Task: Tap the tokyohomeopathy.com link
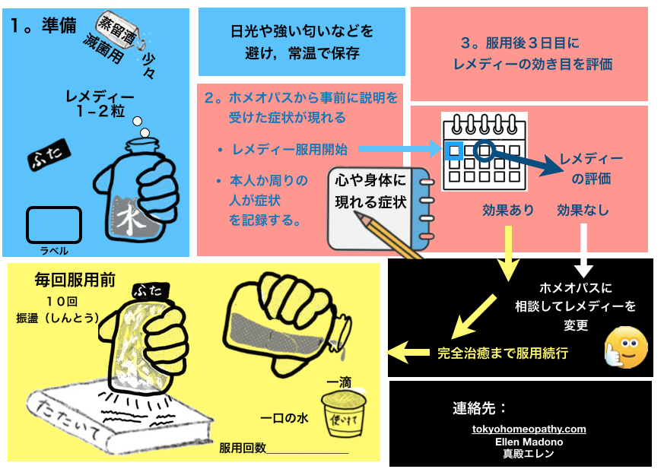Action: click(x=529, y=429)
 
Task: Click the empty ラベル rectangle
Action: click(x=54, y=224)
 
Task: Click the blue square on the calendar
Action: click(x=454, y=150)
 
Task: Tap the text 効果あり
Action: click(x=508, y=210)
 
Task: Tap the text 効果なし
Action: click(x=583, y=210)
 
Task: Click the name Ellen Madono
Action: click(x=529, y=441)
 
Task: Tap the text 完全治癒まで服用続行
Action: click(x=503, y=353)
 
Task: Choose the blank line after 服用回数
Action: click(x=307, y=451)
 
